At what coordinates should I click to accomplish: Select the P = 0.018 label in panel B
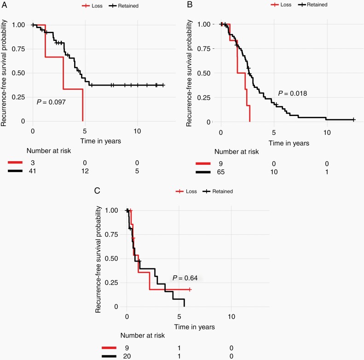(292, 93)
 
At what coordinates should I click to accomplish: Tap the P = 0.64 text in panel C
(185, 278)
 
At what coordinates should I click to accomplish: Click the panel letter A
(3, 5)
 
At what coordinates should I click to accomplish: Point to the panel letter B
(189, 5)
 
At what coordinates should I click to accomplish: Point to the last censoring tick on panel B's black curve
(353, 120)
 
